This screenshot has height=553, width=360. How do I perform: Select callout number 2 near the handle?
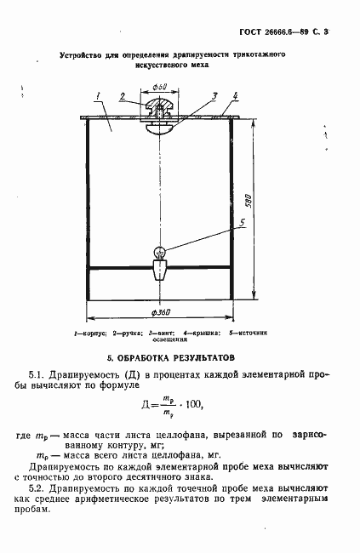(x=123, y=95)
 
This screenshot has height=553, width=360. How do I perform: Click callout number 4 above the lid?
(x=235, y=94)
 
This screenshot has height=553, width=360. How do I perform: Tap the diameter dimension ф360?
(x=159, y=312)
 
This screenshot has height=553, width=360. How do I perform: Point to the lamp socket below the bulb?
(x=159, y=271)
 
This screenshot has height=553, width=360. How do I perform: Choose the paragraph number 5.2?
(x=37, y=491)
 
